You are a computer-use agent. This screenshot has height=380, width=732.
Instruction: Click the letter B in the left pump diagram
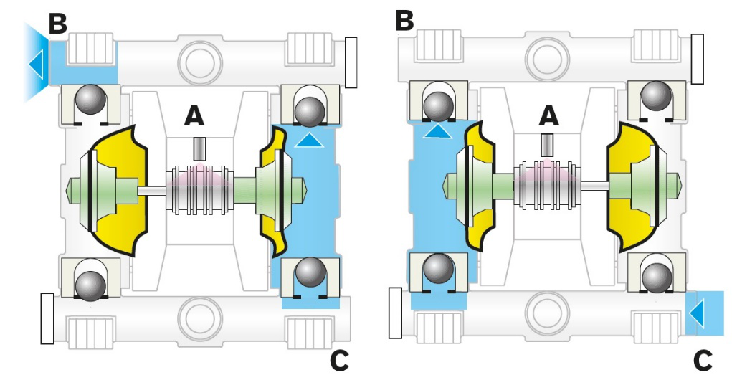point(57,23)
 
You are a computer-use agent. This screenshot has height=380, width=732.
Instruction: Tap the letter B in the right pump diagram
point(405,19)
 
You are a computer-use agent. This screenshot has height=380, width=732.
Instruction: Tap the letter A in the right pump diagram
point(548,114)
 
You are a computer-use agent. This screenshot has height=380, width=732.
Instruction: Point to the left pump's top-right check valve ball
point(309,110)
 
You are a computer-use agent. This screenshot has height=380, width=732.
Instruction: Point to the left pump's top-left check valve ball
point(90,98)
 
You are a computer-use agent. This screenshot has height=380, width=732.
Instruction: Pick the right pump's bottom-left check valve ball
point(437,268)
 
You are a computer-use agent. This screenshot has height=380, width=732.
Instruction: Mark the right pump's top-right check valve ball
point(656,95)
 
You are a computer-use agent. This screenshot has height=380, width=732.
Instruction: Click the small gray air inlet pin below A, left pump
point(199,149)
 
